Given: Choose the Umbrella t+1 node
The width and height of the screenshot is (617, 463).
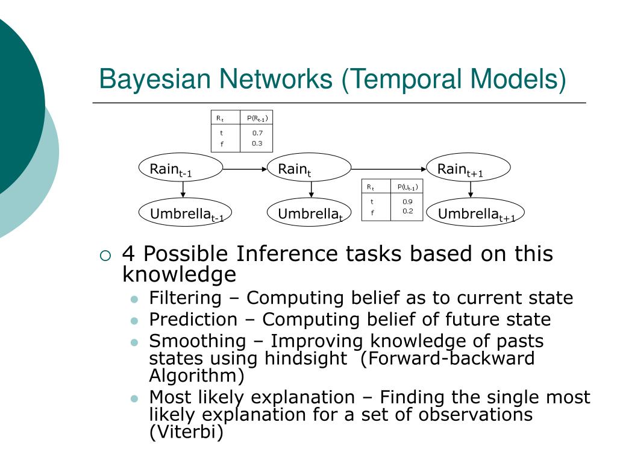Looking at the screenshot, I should click(x=475, y=213).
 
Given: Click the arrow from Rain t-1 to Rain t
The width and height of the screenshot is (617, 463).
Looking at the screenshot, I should click(x=245, y=169).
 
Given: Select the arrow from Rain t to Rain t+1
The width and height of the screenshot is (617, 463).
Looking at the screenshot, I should click(x=389, y=169).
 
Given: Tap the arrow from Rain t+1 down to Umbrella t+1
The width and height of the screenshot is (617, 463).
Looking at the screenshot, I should click(x=471, y=190).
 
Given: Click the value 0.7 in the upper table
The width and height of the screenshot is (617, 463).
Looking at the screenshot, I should click(x=258, y=133).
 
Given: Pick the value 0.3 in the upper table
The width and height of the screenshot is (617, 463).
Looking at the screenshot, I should click(x=258, y=143).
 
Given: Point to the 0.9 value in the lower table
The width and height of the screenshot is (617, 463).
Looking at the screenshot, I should click(x=407, y=201).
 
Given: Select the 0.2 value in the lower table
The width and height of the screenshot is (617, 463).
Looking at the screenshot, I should click(x=407, y=211).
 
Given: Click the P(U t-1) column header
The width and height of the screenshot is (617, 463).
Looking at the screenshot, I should click(x=407, y=187).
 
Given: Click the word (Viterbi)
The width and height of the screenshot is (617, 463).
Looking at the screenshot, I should click(x=186, y=432).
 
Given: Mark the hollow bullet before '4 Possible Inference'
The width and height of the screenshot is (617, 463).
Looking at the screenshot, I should click(x=105, y=255).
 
